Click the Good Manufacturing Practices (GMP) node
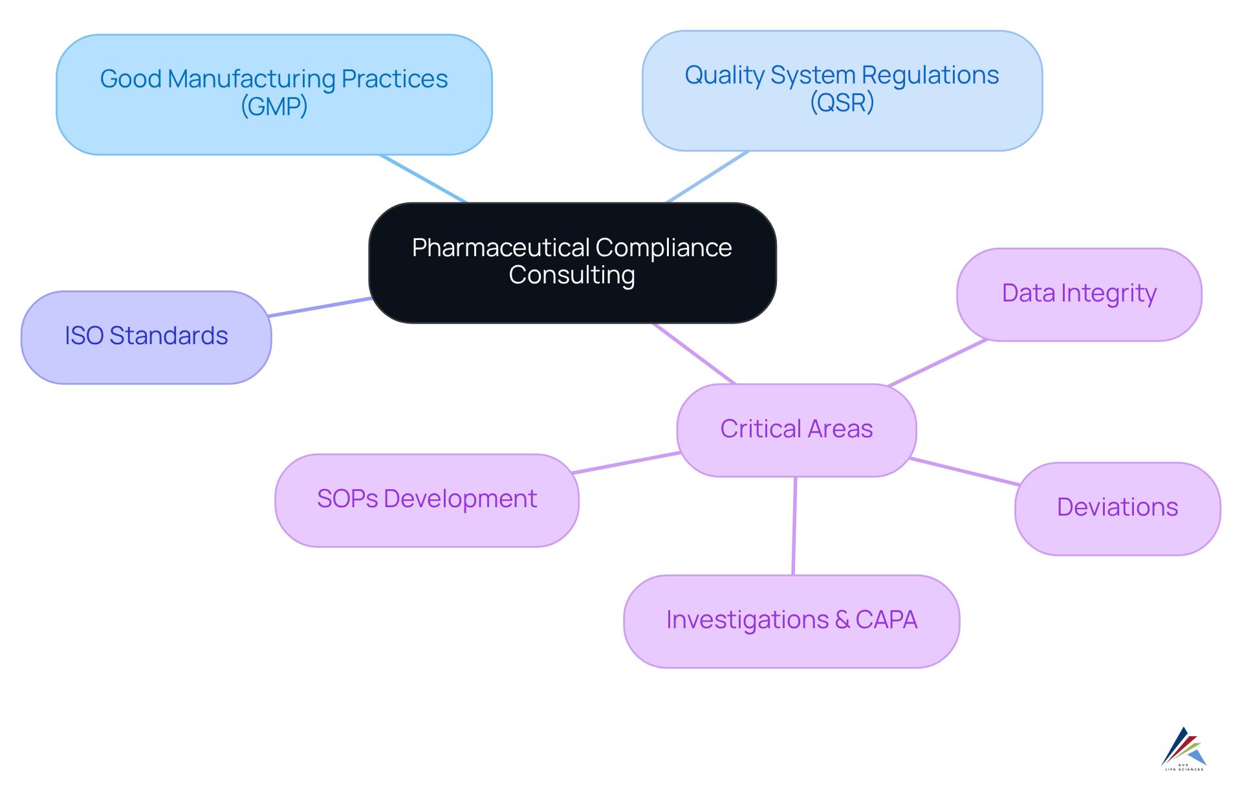click(x=274, y=94)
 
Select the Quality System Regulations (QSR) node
click(x=842, y=91)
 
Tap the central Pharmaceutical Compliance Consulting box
click(x=572, y=262)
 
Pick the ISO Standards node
click(x=146, y=337)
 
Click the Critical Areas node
click(x=796, y=430)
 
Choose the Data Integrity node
click(x=1078, y=294)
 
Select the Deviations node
click(x=1117, y=508)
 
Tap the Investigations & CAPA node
click(x=791, y=621)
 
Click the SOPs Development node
click(x=426, y=500)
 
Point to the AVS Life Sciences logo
click(x=1184, y=749)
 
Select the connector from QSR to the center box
click(x=708, y=177)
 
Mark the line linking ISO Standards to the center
click(x=320, y=307)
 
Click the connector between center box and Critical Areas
click(x=694, y=354)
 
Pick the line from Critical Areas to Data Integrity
click(x=938, y=363)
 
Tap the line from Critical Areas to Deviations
click(x=964, y=472)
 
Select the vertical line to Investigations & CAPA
click(x=794, y=526)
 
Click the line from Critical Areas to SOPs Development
click(x=626, y=463)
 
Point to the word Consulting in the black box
click(x=572, y=276)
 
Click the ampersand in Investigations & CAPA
click(x=842, y=620)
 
